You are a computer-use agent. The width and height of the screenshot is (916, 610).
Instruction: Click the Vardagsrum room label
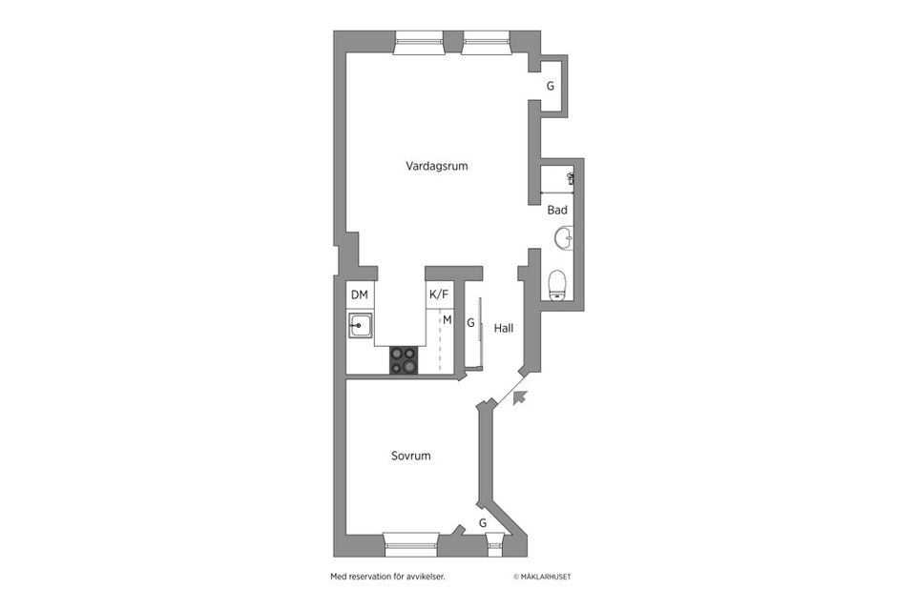pos(436,166)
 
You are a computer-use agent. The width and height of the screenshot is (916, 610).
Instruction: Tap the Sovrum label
pos(410,456)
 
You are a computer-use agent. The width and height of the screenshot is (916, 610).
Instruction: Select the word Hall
pos(504,328)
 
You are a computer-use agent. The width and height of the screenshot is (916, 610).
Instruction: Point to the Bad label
pos(557,210)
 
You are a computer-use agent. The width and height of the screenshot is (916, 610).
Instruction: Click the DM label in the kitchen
pos(359,295)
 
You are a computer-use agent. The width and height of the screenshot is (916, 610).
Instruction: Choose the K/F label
pos(439,295)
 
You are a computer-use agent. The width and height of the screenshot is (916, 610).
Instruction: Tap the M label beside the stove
pos(446,319)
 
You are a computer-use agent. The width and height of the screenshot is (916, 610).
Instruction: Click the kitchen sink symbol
pos(360,326)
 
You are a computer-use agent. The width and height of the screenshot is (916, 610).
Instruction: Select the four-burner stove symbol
pos(404,359)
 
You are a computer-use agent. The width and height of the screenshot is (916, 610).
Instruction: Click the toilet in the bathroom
pos(558,283)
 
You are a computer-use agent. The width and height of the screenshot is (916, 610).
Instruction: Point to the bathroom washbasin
pos(567,237)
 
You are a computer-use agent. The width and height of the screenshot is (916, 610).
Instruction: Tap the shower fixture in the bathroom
pos(570,177)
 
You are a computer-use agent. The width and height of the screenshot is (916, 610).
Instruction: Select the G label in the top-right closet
pos(550,86)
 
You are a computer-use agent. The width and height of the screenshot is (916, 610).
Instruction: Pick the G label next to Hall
pos(470,324)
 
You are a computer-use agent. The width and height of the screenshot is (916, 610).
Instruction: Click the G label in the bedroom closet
pos(483,523)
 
